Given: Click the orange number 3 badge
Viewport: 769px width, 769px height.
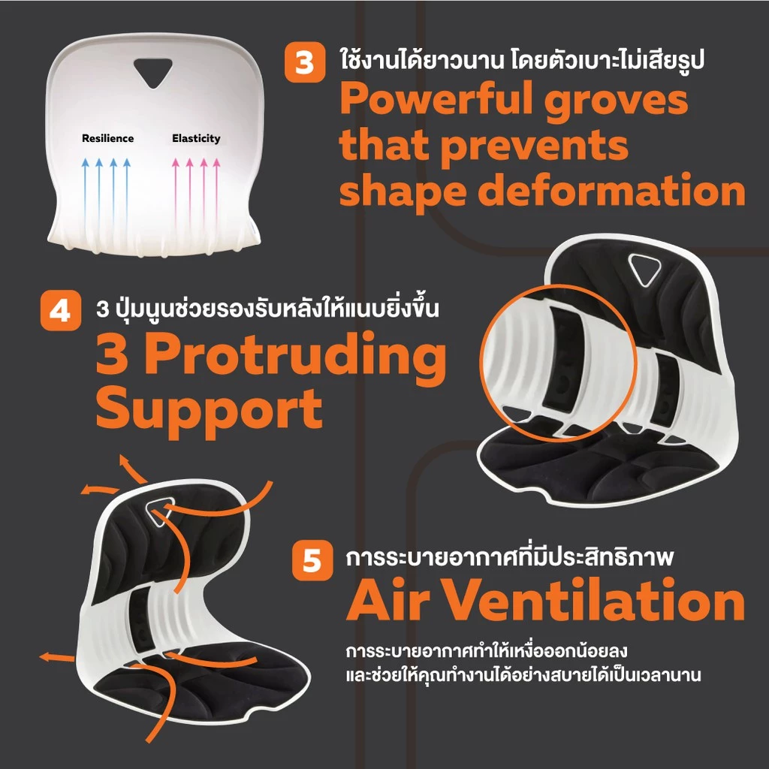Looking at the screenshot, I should [304, 62].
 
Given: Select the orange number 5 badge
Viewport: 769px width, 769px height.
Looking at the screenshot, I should [312, 560].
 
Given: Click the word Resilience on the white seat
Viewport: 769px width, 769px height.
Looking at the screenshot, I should [108, 138].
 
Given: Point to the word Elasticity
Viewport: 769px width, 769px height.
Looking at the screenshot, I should [196, 138].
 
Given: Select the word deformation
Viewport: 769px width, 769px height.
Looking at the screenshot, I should [611, 191].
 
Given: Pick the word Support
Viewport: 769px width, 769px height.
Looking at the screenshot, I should [209, 410].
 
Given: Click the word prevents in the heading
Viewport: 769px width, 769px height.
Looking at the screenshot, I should [532, 146].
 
